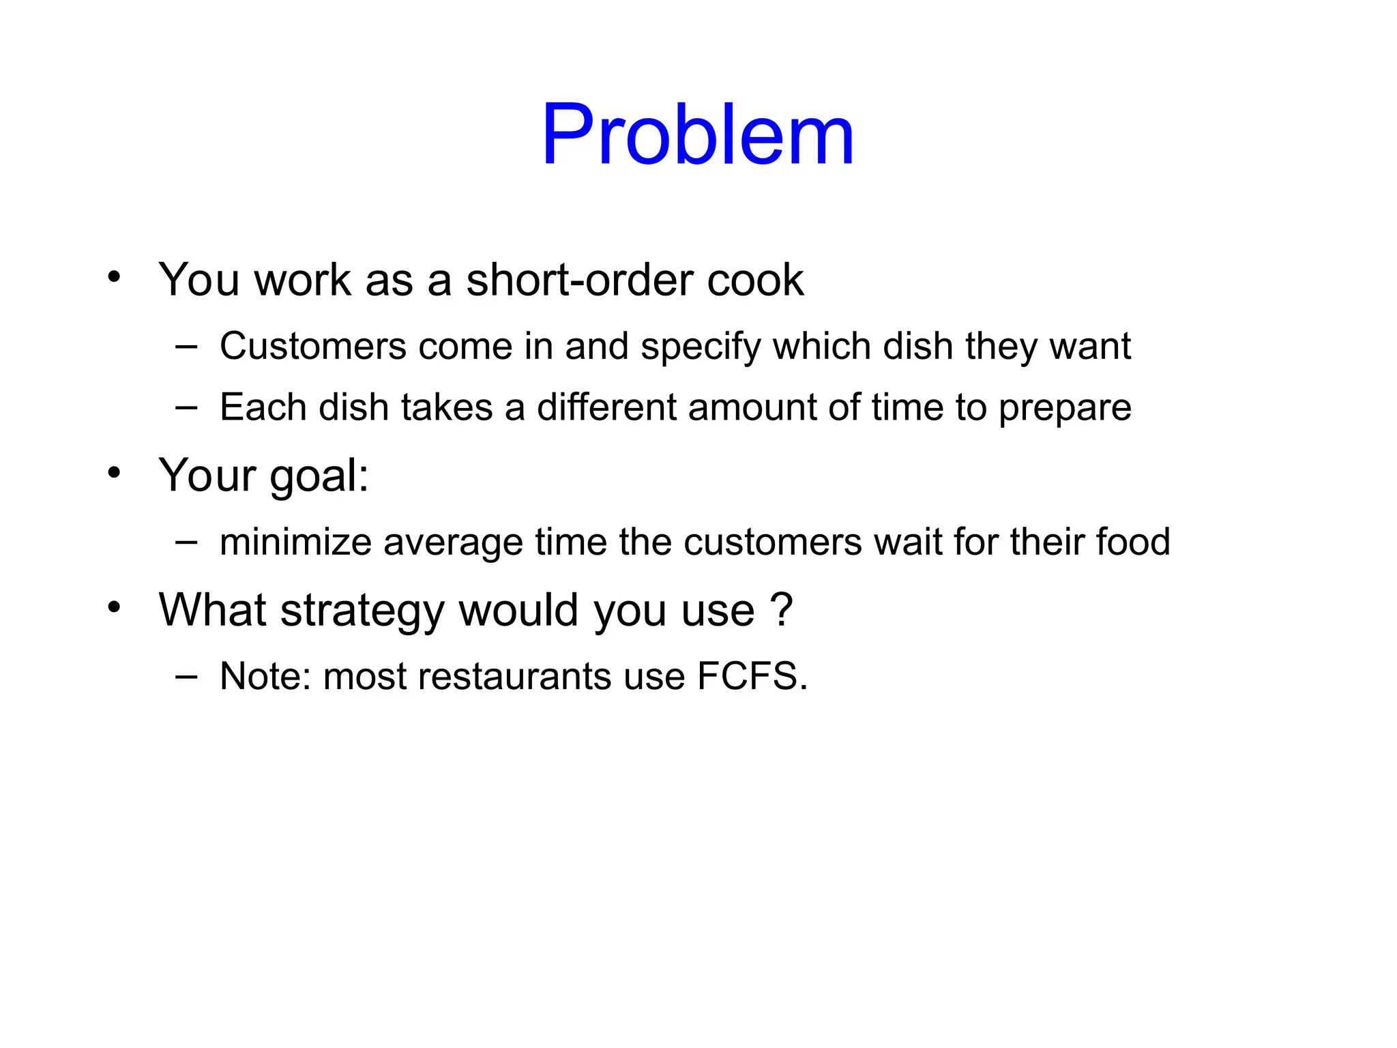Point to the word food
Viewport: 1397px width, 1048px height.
pos(1133,542)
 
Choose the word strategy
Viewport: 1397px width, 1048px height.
pos(362,611)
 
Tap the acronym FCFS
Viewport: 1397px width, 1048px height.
pos(752,676)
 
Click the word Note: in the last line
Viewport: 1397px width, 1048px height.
pos(265,676)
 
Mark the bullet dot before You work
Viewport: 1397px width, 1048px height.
pos(114,277)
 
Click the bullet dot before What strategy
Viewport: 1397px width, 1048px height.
pos(114,607)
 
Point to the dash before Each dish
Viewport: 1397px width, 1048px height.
pos(186,407)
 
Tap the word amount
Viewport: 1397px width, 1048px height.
pos(752,407)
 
